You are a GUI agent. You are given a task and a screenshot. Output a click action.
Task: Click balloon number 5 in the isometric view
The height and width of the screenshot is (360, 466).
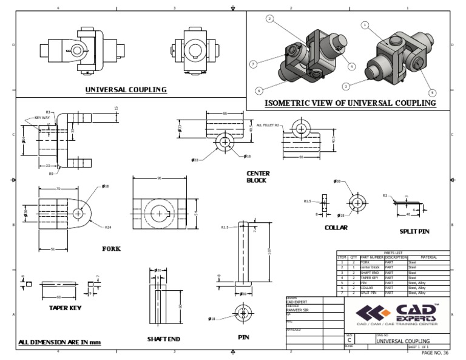[432, 93]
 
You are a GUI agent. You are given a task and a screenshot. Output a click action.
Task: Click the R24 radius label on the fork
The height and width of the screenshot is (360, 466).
[107, 228]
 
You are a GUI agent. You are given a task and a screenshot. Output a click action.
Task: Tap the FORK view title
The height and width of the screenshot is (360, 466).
[112, 248]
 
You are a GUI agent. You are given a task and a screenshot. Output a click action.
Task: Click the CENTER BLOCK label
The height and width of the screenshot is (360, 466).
[258, 177]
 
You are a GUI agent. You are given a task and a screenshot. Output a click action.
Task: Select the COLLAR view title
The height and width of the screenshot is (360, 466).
[336, 227]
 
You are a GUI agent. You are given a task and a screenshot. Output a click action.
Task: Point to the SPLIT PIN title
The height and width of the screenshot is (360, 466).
[414, 231]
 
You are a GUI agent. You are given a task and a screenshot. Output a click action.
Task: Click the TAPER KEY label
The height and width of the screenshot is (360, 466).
[65, 307]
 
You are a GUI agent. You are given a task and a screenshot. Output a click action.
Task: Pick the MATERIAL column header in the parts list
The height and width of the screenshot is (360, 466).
[428, 256]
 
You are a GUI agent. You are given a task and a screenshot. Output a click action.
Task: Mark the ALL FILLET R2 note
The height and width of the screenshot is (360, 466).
[268, 124]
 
